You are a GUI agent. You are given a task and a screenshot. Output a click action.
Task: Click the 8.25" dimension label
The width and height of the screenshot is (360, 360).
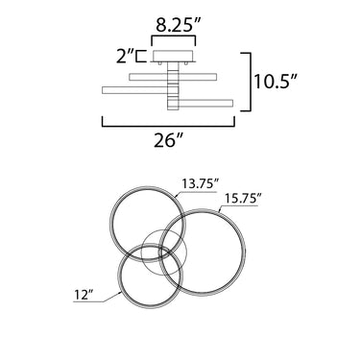pos(178,25)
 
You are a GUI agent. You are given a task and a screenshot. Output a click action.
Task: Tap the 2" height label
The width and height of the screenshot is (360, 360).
pos(123,57)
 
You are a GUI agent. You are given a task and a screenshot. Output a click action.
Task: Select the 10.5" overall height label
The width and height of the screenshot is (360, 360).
pos(276,82)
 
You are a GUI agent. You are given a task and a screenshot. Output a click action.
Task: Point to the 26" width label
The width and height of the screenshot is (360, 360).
pos(169,140)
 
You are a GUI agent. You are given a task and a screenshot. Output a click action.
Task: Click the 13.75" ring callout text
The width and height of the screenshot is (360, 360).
pos(201,184)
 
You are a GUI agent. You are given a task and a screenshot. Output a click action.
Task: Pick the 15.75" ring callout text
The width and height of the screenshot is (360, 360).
pos(240,199)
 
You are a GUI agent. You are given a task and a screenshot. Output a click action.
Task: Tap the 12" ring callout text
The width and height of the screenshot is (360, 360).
pos(84,295)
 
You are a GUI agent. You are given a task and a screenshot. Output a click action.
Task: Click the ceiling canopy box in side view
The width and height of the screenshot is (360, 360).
pos(173,57)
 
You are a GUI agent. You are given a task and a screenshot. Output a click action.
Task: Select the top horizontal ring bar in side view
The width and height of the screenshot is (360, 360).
pos(173,77)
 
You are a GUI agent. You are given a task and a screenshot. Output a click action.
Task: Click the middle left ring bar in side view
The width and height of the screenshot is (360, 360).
pos(135,90)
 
